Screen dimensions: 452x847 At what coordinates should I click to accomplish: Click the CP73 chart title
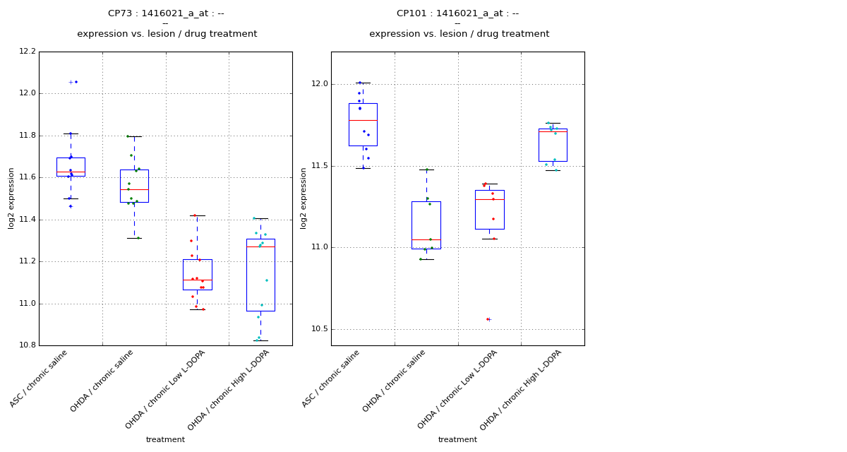click(166, 13)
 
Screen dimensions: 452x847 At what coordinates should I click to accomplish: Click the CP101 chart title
click(457, 13)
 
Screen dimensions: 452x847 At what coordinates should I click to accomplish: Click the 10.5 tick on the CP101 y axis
click(319, 329)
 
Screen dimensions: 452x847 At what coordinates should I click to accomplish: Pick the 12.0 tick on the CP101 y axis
click(319, 84)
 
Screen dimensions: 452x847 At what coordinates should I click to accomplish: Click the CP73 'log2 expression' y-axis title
click(11, 198)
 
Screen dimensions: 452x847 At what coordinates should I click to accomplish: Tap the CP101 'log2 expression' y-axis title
click(304, 198)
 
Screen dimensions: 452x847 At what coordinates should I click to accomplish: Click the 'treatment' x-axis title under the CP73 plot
click(165, 439)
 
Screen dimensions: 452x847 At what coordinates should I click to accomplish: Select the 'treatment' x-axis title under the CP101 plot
click(457, 439)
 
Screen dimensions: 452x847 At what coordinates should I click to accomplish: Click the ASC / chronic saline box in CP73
click(71, 167)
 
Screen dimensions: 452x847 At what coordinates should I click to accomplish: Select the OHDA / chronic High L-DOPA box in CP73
click(260, 275)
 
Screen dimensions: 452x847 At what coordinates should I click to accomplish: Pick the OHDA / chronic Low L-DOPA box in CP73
click(197, 274)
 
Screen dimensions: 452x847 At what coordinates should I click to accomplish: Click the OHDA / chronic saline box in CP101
click(426, 225)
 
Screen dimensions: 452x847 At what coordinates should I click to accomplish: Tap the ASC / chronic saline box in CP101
click(363, 124)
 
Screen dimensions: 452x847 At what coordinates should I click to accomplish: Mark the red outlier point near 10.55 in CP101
click(487, 319)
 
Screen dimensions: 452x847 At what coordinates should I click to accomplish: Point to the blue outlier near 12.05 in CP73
click(76, 82)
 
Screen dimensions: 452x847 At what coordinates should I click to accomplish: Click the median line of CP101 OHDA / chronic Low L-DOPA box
click(489, 199)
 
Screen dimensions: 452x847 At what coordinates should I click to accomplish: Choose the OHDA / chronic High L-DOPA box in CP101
click(553, 145)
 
